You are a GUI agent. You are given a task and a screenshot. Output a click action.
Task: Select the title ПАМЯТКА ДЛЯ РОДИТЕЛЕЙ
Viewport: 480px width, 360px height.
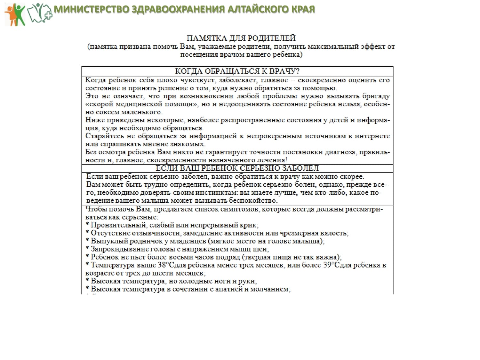pyautogui.click(x=241, y=38)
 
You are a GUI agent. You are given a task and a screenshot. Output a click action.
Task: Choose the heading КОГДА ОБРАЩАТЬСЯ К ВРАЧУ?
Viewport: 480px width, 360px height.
pyautogui.click(x=237, y=71)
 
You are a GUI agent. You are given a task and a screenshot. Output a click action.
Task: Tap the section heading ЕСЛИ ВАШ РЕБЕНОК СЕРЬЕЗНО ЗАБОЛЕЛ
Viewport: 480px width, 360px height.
pyautogui.click(x=237, y=168)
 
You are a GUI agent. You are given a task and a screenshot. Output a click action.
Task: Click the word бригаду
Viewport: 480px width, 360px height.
pyautogui.click(x=376, y=96)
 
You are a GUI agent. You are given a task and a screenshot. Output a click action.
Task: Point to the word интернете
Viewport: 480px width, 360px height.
pyautogui.click(x=372, y=136)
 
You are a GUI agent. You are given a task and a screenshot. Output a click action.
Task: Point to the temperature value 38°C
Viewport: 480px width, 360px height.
pyautogui.click(x=166, y=265)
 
